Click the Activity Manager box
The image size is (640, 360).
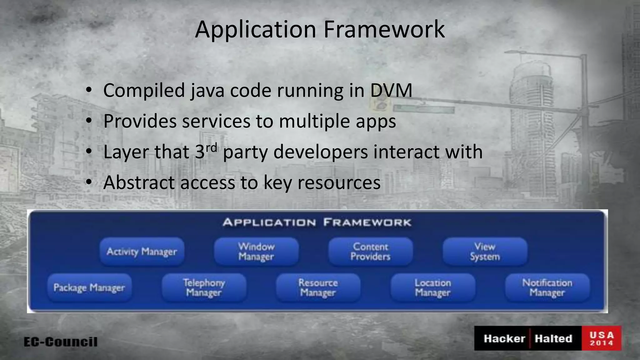click(x=142, y=252)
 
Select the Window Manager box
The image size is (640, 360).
click(x=256, y=252)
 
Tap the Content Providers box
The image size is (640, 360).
click(x=371, y=252)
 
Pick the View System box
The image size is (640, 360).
click(x=485, y=252)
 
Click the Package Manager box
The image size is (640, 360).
click(x=89, y=287)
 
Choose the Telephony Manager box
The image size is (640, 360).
click(x=204, y=287)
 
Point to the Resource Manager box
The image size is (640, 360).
click(x=318, y=287)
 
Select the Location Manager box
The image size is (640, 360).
click(x=433, y=287)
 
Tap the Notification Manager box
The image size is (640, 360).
click(x=547, y=287)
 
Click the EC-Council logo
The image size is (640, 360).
click(x=61, y=342)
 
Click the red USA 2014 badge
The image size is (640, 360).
click(x=602, y=338)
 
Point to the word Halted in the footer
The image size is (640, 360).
click(x=553, y=338)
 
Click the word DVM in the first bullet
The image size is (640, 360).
click(x=391, y=91)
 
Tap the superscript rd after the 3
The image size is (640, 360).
click(x=211, y=147)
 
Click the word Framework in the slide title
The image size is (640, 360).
click(x=384, y=29)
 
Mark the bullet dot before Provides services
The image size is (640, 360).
click(x=89, y=121)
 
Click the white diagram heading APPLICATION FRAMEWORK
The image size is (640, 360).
click(x=317, y=222)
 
